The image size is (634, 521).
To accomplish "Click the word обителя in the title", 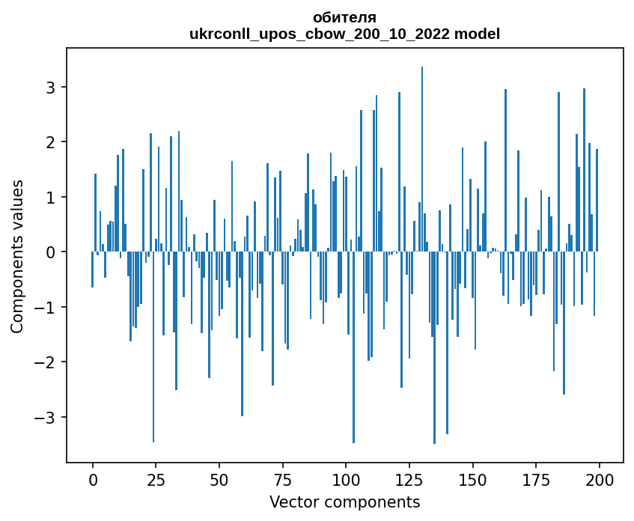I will point(344,17).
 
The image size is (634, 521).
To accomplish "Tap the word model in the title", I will point(481,34).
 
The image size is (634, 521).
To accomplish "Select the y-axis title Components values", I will point(17,256).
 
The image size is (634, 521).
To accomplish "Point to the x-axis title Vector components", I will point(344,502).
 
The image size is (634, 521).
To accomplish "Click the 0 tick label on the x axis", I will point(93,479).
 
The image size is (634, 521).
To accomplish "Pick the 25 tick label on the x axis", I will point(156,479).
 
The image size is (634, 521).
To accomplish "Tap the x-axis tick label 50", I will point(219,479).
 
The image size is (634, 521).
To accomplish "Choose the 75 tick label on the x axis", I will point(282,479).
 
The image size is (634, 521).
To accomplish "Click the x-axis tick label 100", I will point(346,479).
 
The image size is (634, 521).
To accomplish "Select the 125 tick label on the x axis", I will point(409,479).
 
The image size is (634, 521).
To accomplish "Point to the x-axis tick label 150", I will point(472,479).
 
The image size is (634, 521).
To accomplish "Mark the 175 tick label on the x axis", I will point(536,479).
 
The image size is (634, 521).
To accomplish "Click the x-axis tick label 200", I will point(599,479).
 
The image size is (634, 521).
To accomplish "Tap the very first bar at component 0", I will point(93,269).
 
